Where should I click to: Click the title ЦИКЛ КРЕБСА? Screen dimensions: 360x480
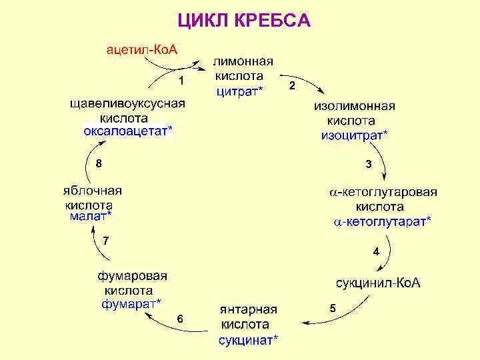[244, 21]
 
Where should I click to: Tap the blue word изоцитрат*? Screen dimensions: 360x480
[354, 135]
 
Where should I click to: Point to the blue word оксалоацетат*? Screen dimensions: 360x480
[127, 131]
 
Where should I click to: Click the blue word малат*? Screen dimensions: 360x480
[91, 216]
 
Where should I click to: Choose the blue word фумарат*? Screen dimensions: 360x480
[131, 303]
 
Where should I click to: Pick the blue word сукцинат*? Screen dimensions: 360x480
[249, 340]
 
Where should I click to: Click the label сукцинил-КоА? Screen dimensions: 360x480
[377, 283]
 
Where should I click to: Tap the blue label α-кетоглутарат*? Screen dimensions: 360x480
[382, 221]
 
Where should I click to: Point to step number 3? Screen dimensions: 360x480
[368, 164]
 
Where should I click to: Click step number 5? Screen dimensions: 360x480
[333, 308]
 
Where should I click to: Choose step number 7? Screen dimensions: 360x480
[105, 240]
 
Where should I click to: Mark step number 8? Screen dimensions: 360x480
[99, 163]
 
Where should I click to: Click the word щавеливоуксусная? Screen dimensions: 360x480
[128, 104]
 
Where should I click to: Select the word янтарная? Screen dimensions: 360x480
[249, 310]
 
